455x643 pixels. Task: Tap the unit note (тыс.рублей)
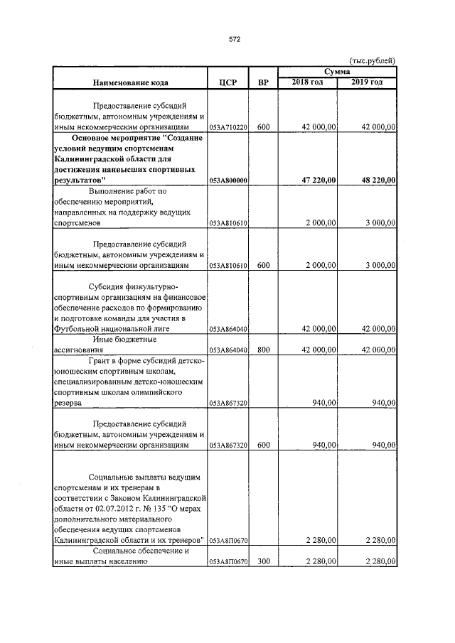click(x=372, y=60)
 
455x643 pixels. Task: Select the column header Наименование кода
click(x=129, y=82)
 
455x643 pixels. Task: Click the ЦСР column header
click(x=227, y=82)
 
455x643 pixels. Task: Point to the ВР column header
click(x=263, y=82)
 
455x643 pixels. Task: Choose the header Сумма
click(x=336, y=72)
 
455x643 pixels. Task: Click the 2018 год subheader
click(x=307, y=82)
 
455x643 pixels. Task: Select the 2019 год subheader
click(x=366, y=82)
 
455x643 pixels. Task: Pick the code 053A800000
click(x=228, y=181)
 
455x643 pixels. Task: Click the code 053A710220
click(x=228, y=127)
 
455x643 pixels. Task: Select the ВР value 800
click(x=263, y=350)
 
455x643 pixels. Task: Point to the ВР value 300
click(x=263, y=563)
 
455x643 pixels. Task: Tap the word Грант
click(x=102, y=361)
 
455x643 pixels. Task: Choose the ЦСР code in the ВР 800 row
click(x=228, y=350)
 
